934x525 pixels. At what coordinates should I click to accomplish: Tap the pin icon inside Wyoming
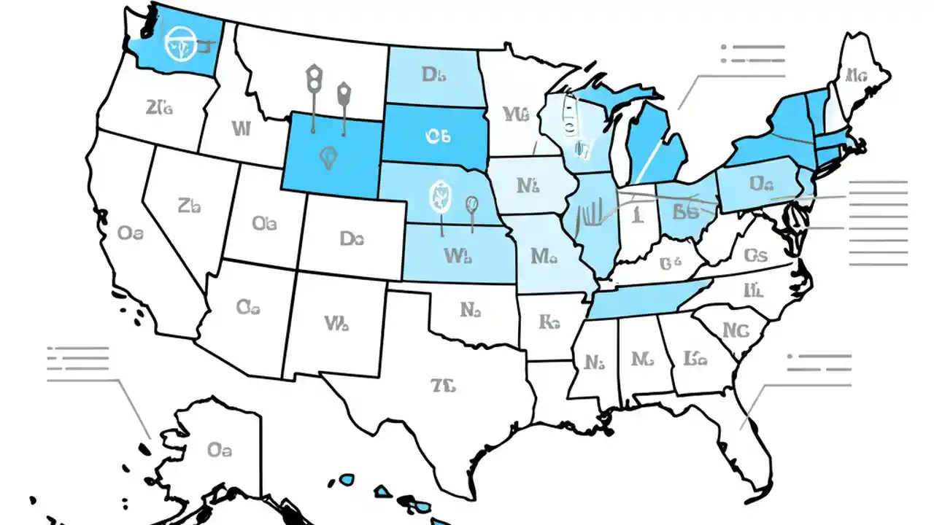coord(328,157)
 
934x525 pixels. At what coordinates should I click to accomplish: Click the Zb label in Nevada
coord(188,206)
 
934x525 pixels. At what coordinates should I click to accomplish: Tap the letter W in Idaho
coord(241,129)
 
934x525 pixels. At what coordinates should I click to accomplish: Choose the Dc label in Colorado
coord(352,238)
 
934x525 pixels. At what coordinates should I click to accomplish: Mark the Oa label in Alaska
coord(220,449)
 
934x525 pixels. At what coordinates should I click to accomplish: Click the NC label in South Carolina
coord(736,330)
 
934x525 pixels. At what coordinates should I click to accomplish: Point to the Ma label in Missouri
coord(544,256)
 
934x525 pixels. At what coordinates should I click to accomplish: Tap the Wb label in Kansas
coord(458,256)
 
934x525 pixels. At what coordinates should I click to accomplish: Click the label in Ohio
coord(686,212)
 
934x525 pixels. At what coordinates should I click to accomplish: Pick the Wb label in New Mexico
coord(336,323)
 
